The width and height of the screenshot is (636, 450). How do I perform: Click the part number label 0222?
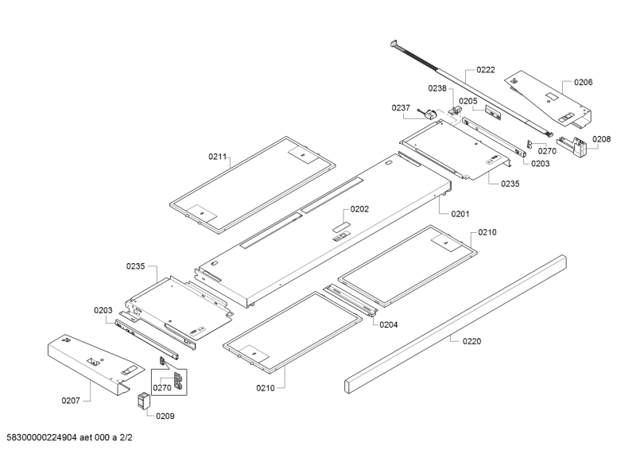point(486,70)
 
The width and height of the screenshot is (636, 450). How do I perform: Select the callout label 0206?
point(583,82)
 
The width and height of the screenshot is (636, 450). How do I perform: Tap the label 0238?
point(438,88)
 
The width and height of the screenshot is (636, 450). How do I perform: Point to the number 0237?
point(400,108)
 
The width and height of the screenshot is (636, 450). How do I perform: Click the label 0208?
point(602,139)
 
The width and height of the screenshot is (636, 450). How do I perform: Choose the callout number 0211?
point(218,157)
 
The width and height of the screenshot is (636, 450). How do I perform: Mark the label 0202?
point(359,210)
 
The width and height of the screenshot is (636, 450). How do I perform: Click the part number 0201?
point(460,214)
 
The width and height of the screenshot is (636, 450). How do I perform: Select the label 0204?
point(389,324)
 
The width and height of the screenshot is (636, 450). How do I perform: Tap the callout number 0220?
point(471,341)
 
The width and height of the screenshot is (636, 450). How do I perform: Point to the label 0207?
point(71,400)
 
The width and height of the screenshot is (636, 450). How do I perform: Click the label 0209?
point(165,416)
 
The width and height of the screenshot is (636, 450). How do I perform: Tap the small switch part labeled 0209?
point(144,400)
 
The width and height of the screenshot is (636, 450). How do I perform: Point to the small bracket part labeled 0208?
point(575,145)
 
